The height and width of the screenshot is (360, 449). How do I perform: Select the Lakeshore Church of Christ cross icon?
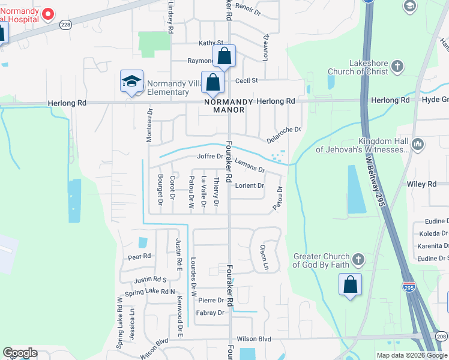pos(397,67)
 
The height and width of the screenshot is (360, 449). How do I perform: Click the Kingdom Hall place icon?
pos(418,144)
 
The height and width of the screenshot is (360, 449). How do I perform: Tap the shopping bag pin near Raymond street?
pos(224,56)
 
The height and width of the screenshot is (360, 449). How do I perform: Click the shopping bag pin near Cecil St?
pos(212,83)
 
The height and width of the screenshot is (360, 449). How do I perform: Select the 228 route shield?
pos(66,24)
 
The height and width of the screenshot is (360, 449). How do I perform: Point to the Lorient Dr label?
pos(250,185)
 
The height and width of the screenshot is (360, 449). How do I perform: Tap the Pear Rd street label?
pos(139,257)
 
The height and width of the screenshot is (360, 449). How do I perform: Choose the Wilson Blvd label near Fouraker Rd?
pos(255,339)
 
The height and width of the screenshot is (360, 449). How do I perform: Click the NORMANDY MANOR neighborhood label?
pos(225,106)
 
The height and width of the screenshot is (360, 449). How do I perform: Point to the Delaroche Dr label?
pos(284,134)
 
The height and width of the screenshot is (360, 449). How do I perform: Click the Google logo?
pos(20,353)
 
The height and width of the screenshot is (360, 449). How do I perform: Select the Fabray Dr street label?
pos(210,313)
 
